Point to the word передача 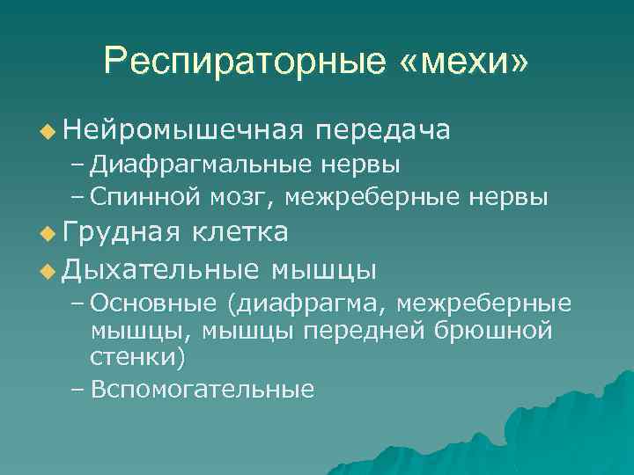pyautogui.click(x=384, y=130)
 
